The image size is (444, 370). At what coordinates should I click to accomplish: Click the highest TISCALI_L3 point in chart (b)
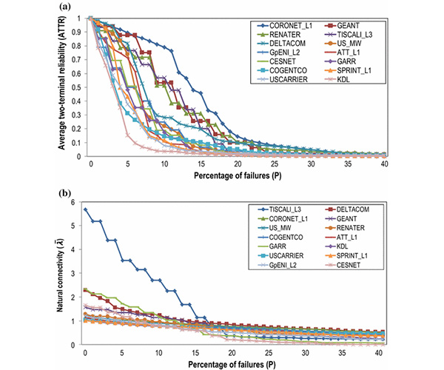(86, 209)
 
